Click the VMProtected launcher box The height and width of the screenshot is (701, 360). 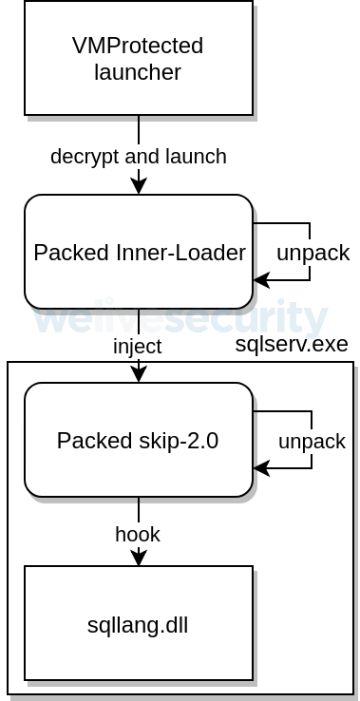click(139, 58)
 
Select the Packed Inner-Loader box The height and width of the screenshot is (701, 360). click(139, 252)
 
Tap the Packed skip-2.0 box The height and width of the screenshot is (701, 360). click(139, 440)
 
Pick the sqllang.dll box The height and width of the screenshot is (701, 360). click(139, 623)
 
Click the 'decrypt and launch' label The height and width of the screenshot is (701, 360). click(139, 157)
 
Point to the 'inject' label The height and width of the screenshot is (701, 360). click(138, 347)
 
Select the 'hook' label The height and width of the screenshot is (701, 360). click(138, 534)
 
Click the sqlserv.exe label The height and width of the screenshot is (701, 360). click(292, 344)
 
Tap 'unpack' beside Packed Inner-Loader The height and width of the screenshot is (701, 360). click(313, 253)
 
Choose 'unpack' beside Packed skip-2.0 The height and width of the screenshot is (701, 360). click(313, 442)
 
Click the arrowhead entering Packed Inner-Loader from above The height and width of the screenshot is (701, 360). click(139, 186)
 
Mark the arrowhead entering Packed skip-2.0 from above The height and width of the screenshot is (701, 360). click(139, 374)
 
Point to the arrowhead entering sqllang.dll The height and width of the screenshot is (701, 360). click(139, 558)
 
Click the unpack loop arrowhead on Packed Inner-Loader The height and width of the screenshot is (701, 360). click(261, 280)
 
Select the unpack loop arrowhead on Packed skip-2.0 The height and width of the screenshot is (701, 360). click(261, 468)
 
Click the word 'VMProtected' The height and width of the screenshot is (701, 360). click(138, 46)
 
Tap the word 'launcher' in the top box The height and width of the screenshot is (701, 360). click(138, 72)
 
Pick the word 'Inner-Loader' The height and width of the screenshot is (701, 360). click(180, 253)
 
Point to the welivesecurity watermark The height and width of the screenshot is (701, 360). click(180, 317)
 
